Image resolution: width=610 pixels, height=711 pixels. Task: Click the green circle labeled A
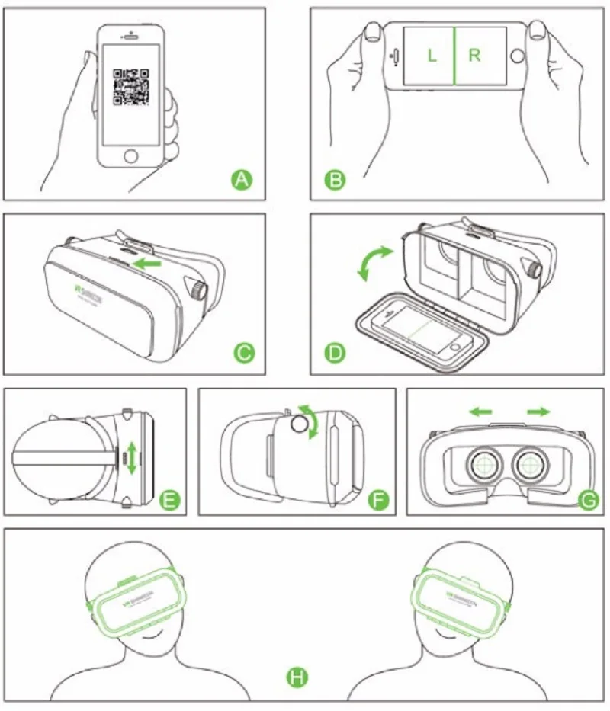242,180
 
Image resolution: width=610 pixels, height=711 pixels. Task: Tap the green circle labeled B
335,180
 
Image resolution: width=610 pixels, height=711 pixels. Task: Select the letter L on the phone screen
432,56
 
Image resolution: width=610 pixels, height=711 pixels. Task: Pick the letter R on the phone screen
475,56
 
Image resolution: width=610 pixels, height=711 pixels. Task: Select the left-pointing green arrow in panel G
480,412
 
